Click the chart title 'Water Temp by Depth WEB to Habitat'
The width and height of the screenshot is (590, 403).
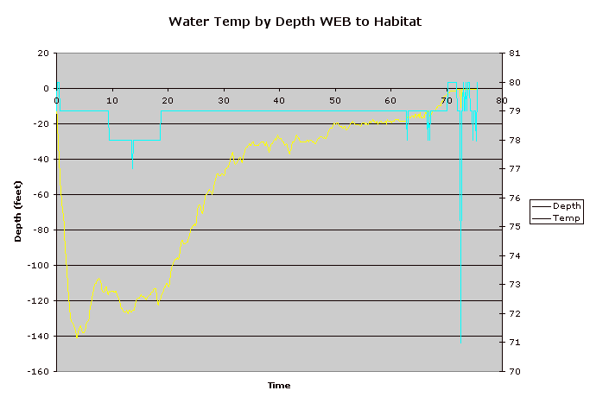coord(295,21)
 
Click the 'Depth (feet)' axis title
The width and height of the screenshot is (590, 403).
coord(18,211)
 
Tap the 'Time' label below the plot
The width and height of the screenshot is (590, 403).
coord(278,385)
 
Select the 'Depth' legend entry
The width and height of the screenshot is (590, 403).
coord(567,205)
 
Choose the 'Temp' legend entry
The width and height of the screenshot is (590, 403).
coord(566,218)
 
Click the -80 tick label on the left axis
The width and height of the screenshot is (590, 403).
coord(41,230)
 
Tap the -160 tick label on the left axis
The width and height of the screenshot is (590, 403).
coord(38,372)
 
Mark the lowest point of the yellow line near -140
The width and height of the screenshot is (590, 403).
coord(77,336)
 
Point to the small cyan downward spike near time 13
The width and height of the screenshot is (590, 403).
coord(132,155)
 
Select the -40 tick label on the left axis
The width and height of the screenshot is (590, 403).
coord(41,160)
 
